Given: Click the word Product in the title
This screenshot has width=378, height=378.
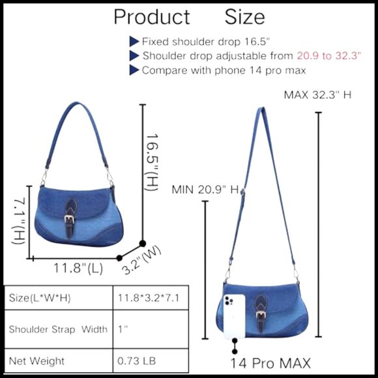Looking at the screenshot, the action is click(152, 17).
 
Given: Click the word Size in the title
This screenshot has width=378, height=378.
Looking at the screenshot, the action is click(244, 17).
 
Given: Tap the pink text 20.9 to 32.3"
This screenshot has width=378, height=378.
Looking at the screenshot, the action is click(329, 55).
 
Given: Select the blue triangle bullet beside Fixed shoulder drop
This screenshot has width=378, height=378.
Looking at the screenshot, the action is click(134, 42).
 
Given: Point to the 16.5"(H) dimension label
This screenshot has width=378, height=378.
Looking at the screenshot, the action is click(152, 162).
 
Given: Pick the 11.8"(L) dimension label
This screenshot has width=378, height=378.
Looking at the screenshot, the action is click(78, 268).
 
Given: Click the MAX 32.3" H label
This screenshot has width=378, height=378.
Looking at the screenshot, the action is click(317, 94).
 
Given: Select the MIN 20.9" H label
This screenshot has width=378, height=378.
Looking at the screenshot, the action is click(205, 190).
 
